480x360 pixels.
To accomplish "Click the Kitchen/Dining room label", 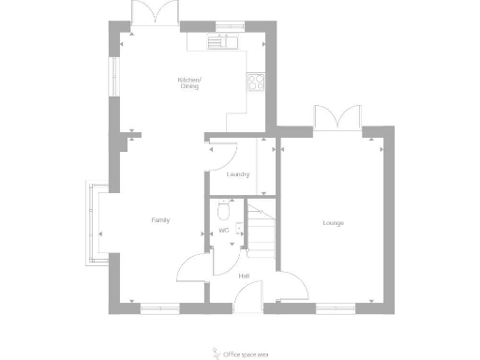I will (x=189, y=83).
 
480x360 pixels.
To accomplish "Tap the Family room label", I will (x=160, y=220).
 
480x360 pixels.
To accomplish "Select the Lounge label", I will (x=333, y=223).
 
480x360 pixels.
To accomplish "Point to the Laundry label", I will (x=237, y=175).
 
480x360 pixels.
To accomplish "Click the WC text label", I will (x=223, y=230).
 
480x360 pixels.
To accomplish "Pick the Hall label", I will (x=244, y=276).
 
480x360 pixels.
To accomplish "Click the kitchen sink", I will (x=226, y=41).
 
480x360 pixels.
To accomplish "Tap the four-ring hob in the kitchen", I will (x=256, y=82).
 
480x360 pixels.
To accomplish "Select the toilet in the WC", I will (x=223, y=209).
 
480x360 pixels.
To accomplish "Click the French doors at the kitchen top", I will (x=155, y=13).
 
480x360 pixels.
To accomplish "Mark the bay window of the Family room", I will (x=96, y=221).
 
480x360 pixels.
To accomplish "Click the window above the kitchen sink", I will (x=228, y=25).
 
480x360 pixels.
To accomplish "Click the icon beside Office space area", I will (x=216, y=353).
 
